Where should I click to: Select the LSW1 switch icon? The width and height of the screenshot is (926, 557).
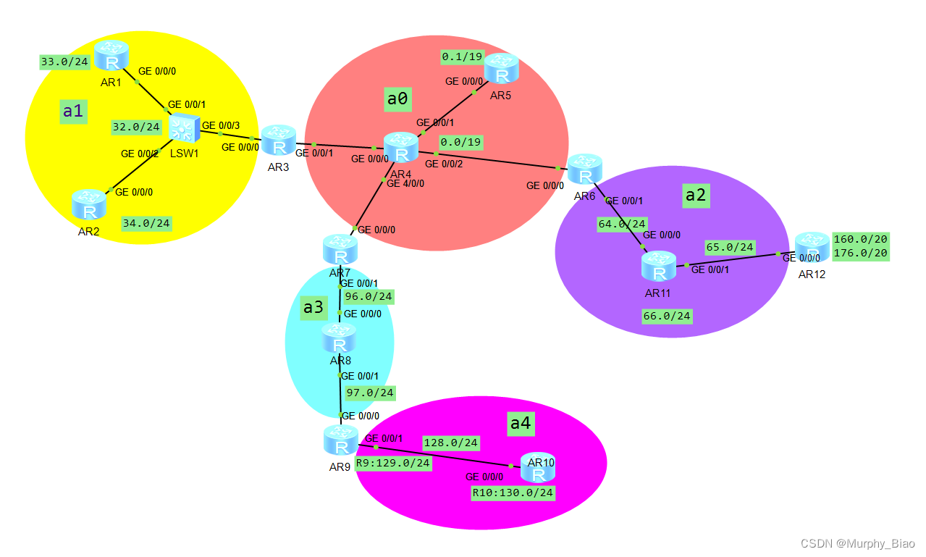184,129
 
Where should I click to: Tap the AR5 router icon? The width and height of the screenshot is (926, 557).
500,69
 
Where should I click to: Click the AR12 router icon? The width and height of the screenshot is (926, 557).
812,248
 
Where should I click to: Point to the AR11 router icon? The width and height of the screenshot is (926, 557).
659,267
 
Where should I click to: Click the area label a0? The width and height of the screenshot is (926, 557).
397,99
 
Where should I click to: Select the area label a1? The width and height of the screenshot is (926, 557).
74,111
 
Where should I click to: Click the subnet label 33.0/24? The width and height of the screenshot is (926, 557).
64,62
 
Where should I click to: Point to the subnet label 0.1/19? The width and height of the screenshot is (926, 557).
462,56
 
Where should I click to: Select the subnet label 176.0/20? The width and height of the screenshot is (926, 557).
861,253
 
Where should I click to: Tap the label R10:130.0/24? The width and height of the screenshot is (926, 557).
513,493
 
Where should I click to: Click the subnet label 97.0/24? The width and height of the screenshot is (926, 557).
370,393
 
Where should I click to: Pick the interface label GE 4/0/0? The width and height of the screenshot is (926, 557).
405,183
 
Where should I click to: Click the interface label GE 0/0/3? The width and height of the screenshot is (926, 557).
220,125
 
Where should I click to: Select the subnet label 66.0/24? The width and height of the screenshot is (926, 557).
667,316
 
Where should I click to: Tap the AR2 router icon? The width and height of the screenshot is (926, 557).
90,205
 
